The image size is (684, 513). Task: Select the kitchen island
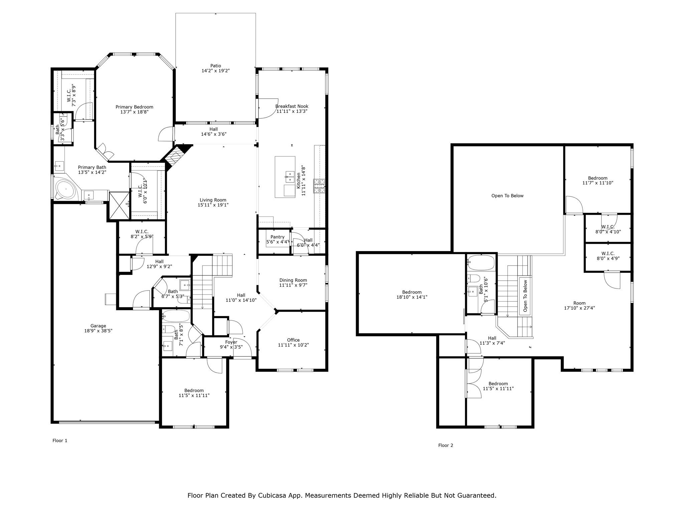click(285, 177)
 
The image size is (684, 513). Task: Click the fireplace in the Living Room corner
click(175, 156)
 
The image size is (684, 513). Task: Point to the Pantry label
click(278, 237)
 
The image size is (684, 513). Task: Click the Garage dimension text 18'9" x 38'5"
click(98, 331)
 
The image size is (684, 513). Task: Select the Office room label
click(293, 340)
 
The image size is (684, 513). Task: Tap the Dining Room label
click(293, 280)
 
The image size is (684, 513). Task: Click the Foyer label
click(231, 342)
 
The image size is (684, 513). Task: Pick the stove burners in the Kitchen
click(319, 186)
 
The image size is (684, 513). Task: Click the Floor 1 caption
click(60, 441)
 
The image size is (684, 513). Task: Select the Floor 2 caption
click(446, 445)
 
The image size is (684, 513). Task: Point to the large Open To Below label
click(507, 196)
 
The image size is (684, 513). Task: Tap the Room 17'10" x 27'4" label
click(579, 306)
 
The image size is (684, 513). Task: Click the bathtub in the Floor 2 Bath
click(481, 263)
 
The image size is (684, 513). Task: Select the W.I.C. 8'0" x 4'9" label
click(608, 256)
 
